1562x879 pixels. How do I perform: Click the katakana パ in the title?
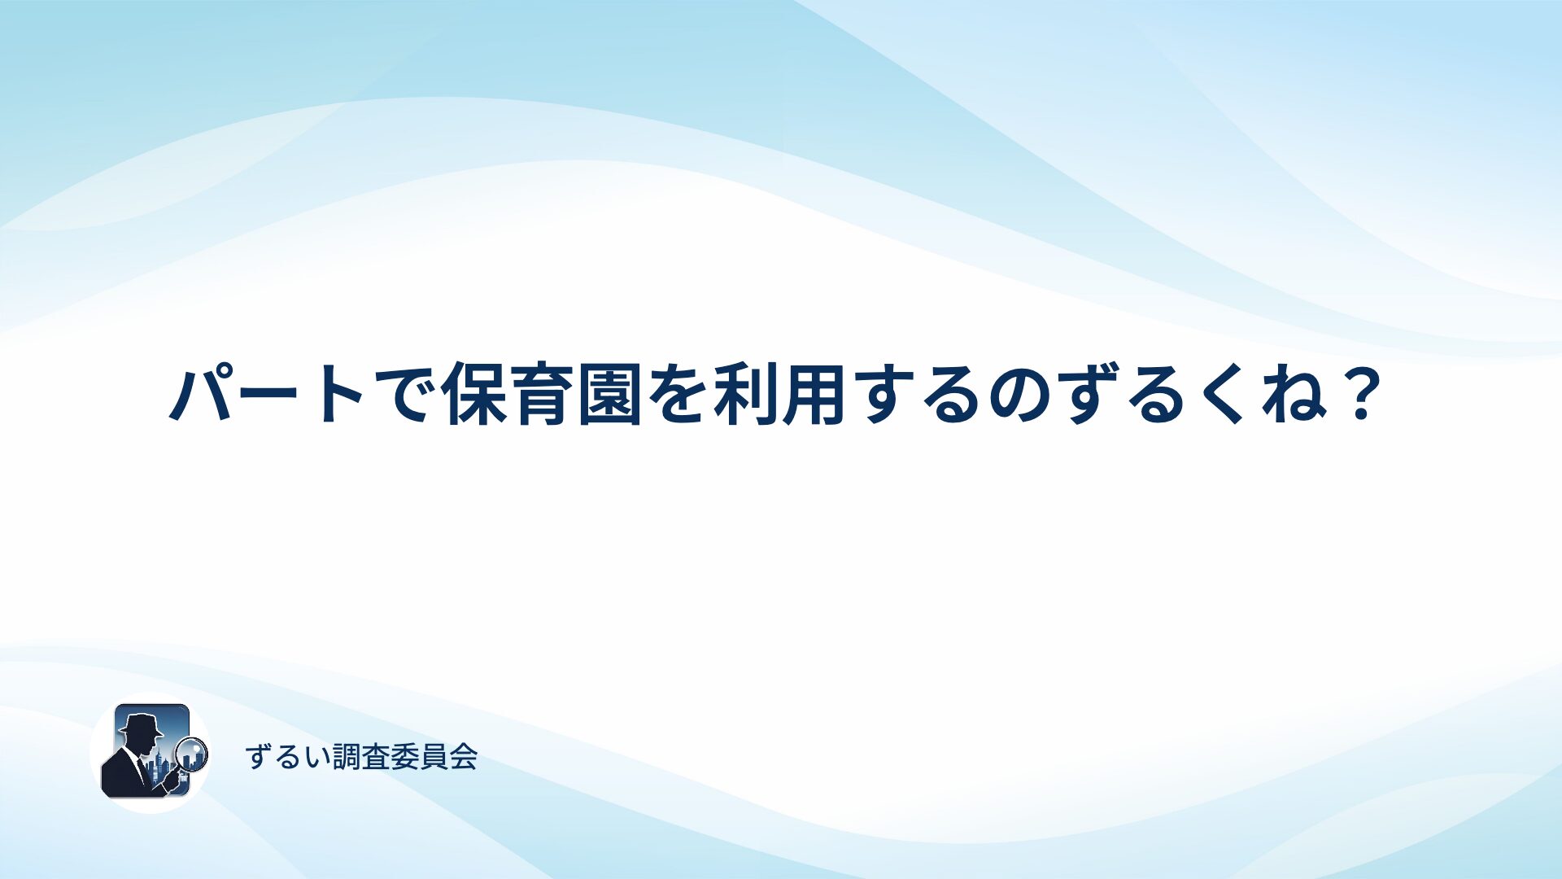pos(199,394)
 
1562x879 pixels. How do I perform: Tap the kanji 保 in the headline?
pos(474,395)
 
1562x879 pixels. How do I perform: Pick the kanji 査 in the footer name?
pos(376,757)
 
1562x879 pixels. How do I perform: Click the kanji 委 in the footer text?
pos(405,757)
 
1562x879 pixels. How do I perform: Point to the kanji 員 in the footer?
pos(434,757)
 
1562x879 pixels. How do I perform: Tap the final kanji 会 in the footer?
pos(464,757)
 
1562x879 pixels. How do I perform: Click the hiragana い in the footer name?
pos(317,758)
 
